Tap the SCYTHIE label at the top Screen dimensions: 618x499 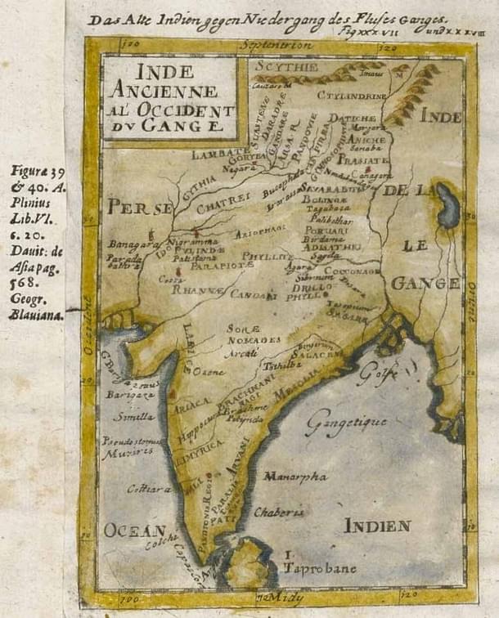coord(284,65)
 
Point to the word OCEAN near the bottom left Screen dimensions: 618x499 coord(135,530)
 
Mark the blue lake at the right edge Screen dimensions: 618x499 coord(447,207)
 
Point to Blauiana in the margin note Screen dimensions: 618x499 coord(38,315)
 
